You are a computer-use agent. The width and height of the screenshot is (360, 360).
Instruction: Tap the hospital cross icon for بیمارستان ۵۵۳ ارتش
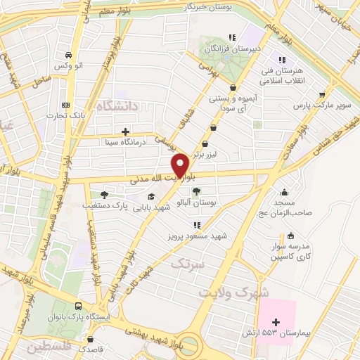pyautogui.click(x=276, y=321)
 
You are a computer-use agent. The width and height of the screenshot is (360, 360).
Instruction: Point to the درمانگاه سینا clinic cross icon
pyautogui.click(x=125, y=131)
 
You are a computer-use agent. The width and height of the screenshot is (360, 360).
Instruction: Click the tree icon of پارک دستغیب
pyautogui.click(x=104, y=195)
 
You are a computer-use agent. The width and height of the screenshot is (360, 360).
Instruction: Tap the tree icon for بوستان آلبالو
pyautogui.click(x=196, y=191)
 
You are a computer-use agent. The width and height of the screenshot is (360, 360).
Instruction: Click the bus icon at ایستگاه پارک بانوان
pyautogui.click(x=77, y=307)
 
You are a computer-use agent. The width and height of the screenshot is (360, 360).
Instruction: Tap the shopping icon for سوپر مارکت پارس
pyautogui.click(x=322, y=94)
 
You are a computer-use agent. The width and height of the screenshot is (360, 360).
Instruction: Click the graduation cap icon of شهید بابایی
pyautogui.click(x=151, y=195)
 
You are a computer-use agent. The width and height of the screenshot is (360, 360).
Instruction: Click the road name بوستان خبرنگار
pyautogui.click(x=208, y=7)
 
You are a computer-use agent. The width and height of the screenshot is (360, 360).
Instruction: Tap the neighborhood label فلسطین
pyautogui.click(x=49, y=347)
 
